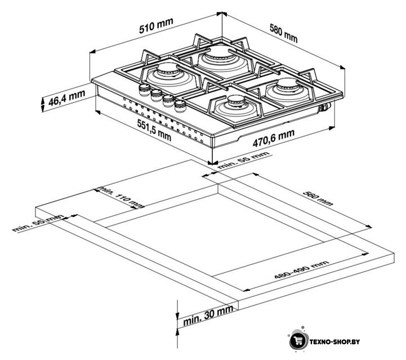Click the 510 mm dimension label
[x=156, y=26]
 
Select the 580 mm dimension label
[x=284, y=33]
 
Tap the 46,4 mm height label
[x=66, y=98]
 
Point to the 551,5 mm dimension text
[x=154, y=130]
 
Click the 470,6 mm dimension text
[x=274, y=138]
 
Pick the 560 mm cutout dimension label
[x=318, y=199]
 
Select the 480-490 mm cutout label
[x=302, y=270]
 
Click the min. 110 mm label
[x=121, y=197]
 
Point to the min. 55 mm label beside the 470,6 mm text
[x=244, y=160]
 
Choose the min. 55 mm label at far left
[x=38, y=223]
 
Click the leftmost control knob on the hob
[x=145, y=89]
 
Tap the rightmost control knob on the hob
[x=180, y=106]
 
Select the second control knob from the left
[x=157, y=95]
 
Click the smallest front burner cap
[x=236, y=101]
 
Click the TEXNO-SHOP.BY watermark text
[x=335, y=341]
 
